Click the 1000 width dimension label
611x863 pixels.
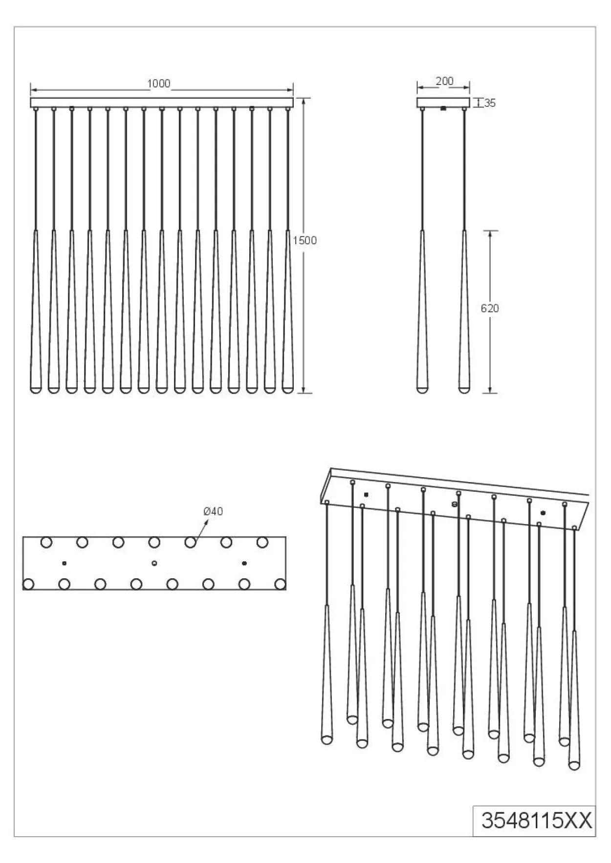[x=159, y=84]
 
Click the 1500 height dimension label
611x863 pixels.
[x=305, y=240]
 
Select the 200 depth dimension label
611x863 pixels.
[x=444, y=81]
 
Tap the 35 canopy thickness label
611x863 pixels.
[x=490, y=103]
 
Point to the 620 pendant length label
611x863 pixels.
[x=490, y=308]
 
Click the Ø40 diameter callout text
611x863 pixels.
[x=213, y=511]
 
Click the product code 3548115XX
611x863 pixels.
[x=536, y=821]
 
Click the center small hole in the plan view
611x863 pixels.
[x=154, y=563]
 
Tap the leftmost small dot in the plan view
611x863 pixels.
[x=64, y=563]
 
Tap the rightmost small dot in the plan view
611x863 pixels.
[x=244, y=563]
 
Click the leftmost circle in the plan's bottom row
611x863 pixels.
[x=28, y=584]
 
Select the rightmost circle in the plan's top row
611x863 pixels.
[x=262, y=542]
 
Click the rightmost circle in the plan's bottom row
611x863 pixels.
[x=280, y=584]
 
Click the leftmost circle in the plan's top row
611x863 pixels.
[x=46, y=542]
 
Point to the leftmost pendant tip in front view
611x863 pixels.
[x=36, y=389]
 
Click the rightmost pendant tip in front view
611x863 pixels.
[x=287, y=389]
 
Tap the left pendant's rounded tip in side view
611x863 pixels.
[x=422, y=389]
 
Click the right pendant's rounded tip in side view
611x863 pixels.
[x=464, y=389]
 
